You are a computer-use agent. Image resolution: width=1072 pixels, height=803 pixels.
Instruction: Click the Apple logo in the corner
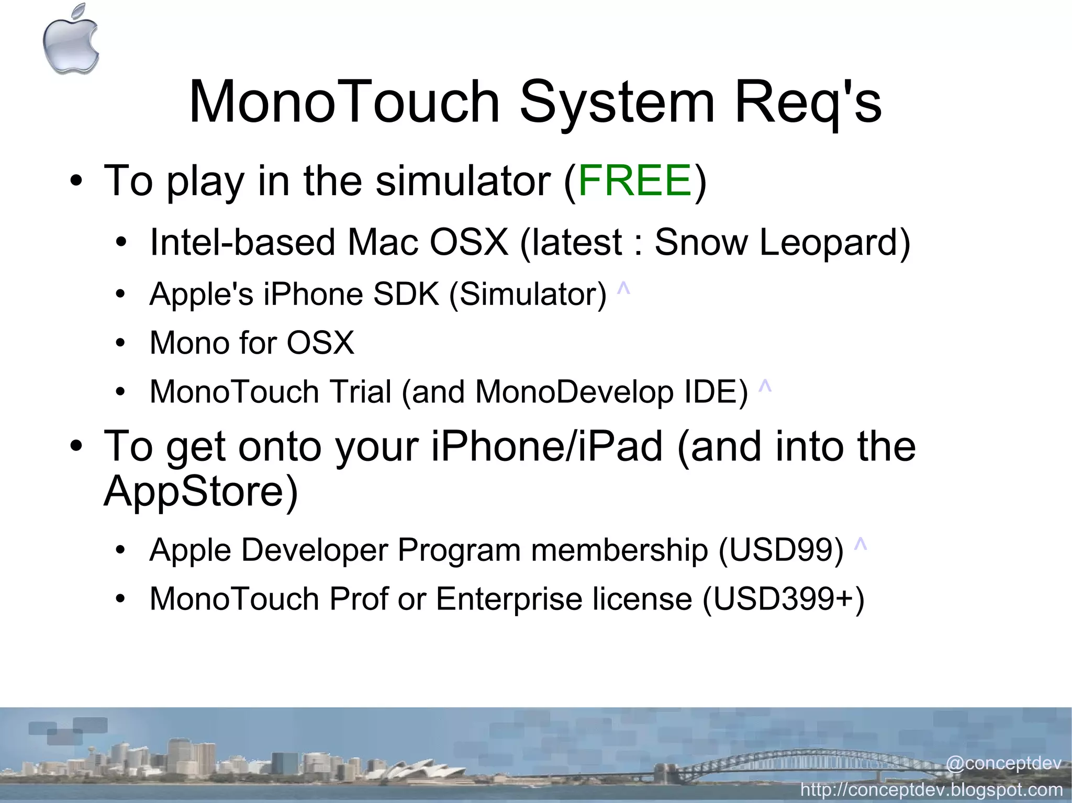click(x=71, y=40)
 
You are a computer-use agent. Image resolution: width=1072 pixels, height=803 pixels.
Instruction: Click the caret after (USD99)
click(x=860, y=545)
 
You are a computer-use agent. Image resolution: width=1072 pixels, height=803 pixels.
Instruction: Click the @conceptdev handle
click(x=1003, y=763)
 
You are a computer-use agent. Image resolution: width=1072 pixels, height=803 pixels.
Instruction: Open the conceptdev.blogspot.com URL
click(x=932, y=789)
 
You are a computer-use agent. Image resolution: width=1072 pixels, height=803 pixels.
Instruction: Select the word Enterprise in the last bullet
click(x=509, y=599)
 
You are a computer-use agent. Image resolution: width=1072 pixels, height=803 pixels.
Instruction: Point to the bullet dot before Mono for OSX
click(x=121, y=344)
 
